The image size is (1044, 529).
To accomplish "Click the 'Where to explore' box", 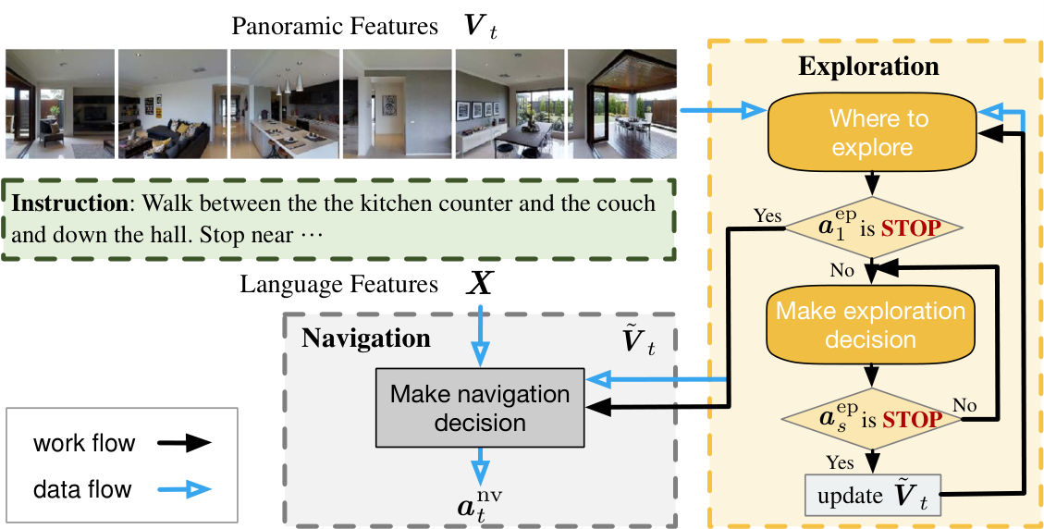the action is tap(871, 133).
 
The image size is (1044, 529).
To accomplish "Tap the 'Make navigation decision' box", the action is tap(480, 408).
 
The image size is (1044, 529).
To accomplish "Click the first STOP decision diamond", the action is tap(874, 228).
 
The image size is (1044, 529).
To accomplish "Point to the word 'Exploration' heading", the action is tap(868, 67).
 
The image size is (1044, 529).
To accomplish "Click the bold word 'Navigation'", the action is tap(365, 338).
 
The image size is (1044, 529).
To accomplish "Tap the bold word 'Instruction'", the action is tap(71, 203).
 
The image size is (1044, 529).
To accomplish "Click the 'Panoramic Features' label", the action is tap(334, 27).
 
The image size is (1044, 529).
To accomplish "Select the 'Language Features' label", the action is tap(338, 285).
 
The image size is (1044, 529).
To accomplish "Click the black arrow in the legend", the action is tap(185, 443).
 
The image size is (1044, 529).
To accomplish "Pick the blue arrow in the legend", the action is tap(185, 490).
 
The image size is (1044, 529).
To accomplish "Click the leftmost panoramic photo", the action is tap(60, 104).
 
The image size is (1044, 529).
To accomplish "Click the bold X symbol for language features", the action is tap(479, 285).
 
